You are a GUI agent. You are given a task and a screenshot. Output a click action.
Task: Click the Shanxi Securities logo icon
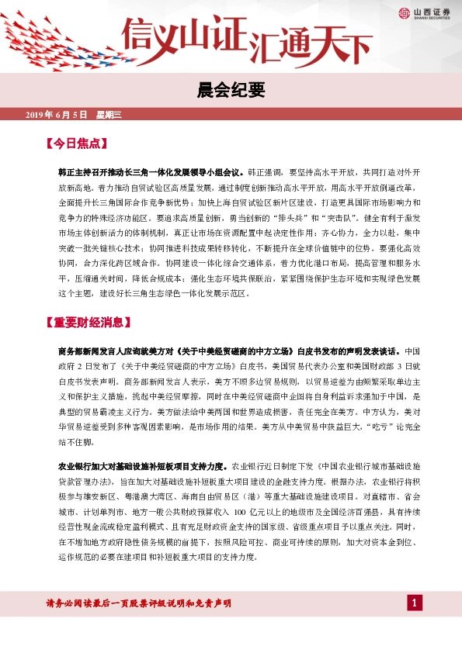(404, 13)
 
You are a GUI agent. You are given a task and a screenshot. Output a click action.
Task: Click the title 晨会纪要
(231, 92)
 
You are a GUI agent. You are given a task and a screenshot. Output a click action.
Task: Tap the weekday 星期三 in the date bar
(109, 115)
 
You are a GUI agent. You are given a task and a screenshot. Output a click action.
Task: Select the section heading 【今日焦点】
(75, 143)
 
